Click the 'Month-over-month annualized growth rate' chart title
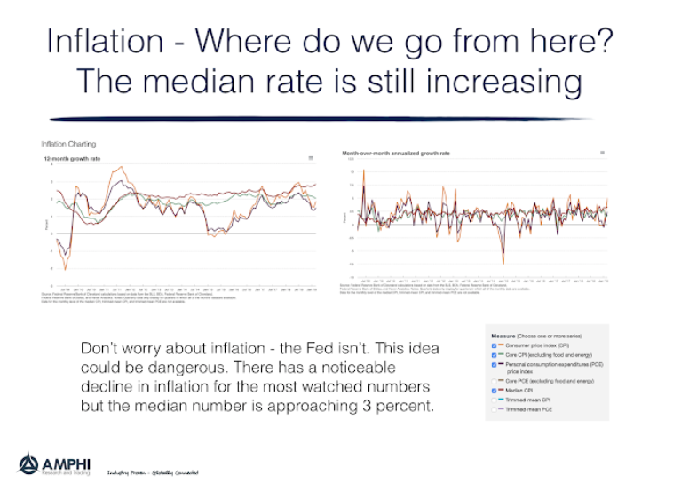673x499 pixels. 396,154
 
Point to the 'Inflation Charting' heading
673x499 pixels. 68,144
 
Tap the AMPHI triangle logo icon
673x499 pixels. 28,464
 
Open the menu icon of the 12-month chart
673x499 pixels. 310,158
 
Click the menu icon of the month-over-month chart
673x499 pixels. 603,154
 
